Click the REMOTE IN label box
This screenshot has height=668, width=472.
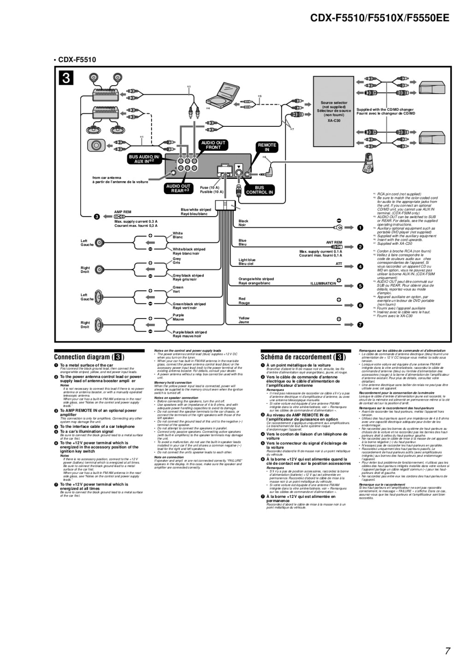tap(267, 147)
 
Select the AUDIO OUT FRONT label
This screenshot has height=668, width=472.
tap(213, 145)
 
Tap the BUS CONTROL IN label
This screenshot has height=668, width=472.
tap(260, 190)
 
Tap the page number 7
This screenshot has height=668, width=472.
tap(447, 651)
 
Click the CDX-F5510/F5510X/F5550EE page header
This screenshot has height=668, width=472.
tap(379, 18)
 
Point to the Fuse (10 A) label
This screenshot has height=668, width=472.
tap(209, 188)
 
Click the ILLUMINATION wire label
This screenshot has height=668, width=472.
tap(323, 284)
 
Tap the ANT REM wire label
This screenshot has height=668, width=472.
tap(334, 242)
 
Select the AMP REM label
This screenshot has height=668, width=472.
tap(123, 212)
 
